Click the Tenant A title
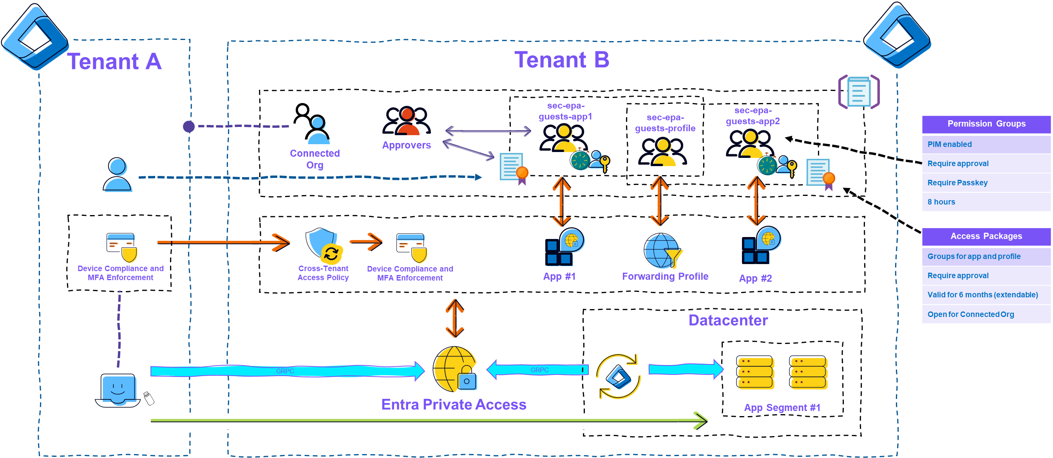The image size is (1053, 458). (115, 62)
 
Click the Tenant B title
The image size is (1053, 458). (562, 60)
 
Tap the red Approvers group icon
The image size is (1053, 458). (407, 121)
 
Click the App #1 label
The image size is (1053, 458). (559, 277)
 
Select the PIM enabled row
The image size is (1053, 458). (986, 144)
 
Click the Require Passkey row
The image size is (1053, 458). (986, 183)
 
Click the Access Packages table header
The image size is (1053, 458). (986, 236)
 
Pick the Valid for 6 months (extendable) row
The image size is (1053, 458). (986, 295)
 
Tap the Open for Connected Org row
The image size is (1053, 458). (986, 315)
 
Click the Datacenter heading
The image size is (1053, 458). (728, 320)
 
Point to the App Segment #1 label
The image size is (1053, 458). (782, 408)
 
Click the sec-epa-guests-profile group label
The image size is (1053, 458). (665, 123)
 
